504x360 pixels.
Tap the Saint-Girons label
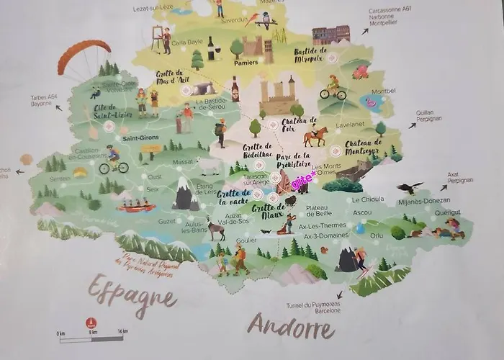pos(140,138)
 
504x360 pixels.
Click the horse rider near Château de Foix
pos(315,135)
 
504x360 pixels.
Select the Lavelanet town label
pos(349,124)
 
